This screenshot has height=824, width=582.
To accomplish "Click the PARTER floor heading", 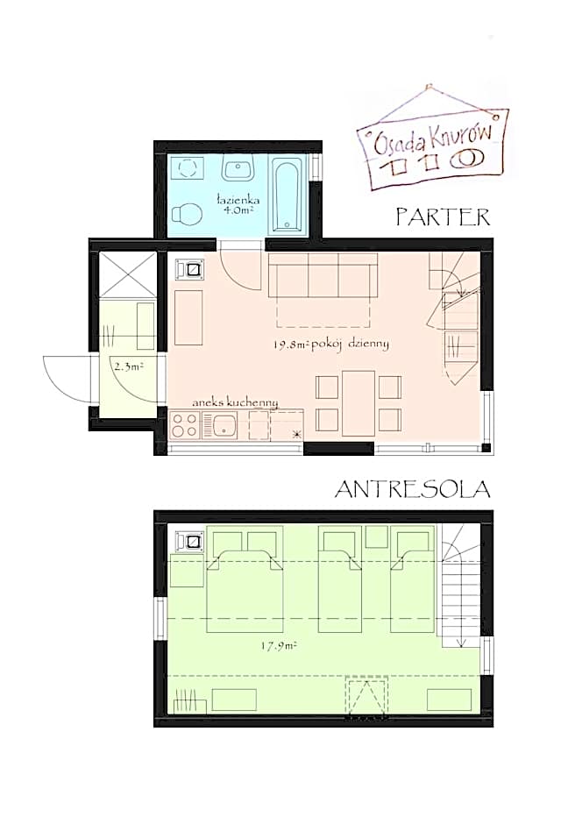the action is tap(443, 217).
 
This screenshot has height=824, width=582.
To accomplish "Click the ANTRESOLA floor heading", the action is tap(412, 489).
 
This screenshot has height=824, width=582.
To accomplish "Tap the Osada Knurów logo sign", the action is tap(433, 145).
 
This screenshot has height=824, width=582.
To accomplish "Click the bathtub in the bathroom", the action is tap(287, 195).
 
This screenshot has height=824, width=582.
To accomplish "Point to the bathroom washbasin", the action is tap(238, 167).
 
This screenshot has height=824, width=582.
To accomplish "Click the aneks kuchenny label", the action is tap(235, 402).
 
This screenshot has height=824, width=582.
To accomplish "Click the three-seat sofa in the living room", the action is tap(323, 275).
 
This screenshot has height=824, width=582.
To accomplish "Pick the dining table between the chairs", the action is tap(358, 403).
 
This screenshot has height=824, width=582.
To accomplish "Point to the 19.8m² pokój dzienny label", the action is tap(331, 345).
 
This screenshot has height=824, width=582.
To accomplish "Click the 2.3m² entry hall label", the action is tap(129, 366).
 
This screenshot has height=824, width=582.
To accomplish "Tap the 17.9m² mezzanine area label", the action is tap(279, 646).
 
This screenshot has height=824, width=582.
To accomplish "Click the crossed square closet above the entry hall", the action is tap(128, 274).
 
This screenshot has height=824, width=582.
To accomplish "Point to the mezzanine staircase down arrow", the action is tap(461, 630).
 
